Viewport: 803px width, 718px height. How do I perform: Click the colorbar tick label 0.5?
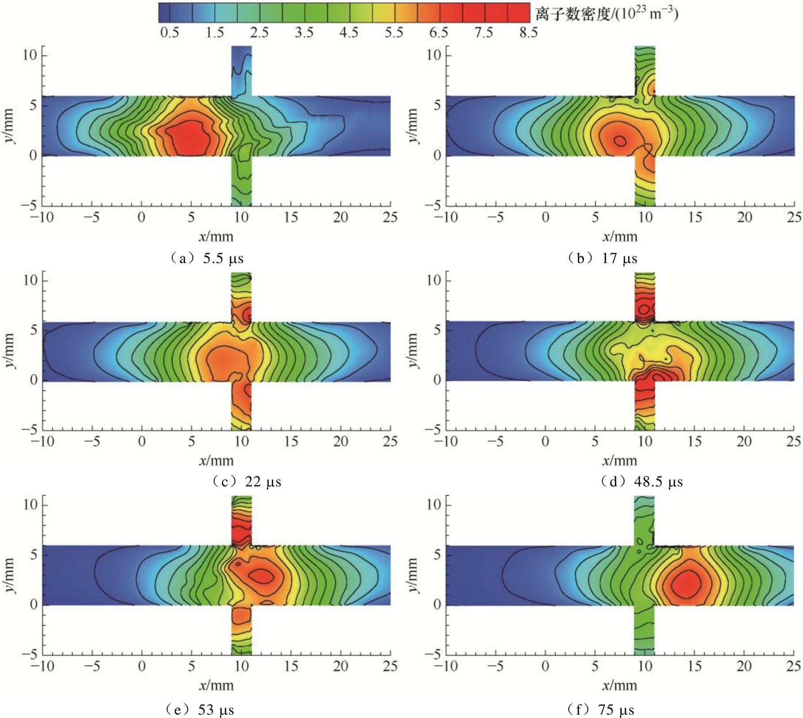170,33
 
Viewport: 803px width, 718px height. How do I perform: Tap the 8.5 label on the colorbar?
528,33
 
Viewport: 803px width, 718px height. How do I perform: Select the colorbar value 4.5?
349,33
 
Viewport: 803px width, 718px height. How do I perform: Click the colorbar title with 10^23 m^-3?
606,14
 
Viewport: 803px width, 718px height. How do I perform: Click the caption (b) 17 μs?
602,258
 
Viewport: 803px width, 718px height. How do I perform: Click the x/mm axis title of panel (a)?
216,236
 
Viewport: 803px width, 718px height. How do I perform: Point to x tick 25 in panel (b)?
795,217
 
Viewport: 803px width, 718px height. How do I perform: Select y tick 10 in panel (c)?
31,280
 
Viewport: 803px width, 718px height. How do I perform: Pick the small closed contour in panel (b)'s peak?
620,141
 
